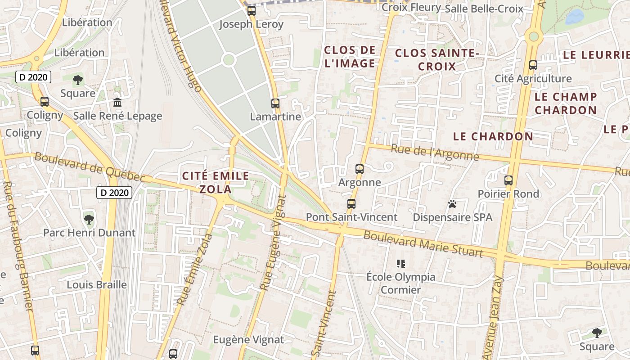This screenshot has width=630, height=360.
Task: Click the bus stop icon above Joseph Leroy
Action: (x=251, y=10)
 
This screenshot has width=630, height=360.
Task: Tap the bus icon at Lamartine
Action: (x=275, y=103)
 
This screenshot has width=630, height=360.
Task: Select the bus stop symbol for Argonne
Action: (x=359, y=169)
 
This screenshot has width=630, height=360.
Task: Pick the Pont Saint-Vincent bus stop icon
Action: (x=351, y=204)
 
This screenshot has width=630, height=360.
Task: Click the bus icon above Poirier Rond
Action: (x=508, y=180)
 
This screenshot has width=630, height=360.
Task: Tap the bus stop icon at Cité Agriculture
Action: (x=533, y=65)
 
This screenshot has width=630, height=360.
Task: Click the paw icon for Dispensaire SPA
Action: (x=452, y=204)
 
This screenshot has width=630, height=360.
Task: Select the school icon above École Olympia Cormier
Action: (x=400, y=263)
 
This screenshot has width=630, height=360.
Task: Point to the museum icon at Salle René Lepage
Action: (x=117, y=103)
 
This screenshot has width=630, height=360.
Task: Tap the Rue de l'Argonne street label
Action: (x=435, y=153)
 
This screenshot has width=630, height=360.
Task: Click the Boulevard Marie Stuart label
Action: (x=423, y=244)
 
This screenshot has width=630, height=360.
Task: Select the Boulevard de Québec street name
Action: (x=90, y=167)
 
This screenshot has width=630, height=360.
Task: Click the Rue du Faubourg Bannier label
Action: (x=18, y=245)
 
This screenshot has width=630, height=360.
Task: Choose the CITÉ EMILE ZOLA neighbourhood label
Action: (x=216, y=182)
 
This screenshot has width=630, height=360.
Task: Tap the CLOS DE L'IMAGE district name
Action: (x=350, y=57)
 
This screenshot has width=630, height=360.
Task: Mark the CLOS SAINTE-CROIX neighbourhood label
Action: (x=436, y=60)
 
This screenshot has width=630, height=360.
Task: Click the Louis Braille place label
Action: (x=97, y=285)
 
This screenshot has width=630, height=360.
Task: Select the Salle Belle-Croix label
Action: (x=484, y=9)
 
